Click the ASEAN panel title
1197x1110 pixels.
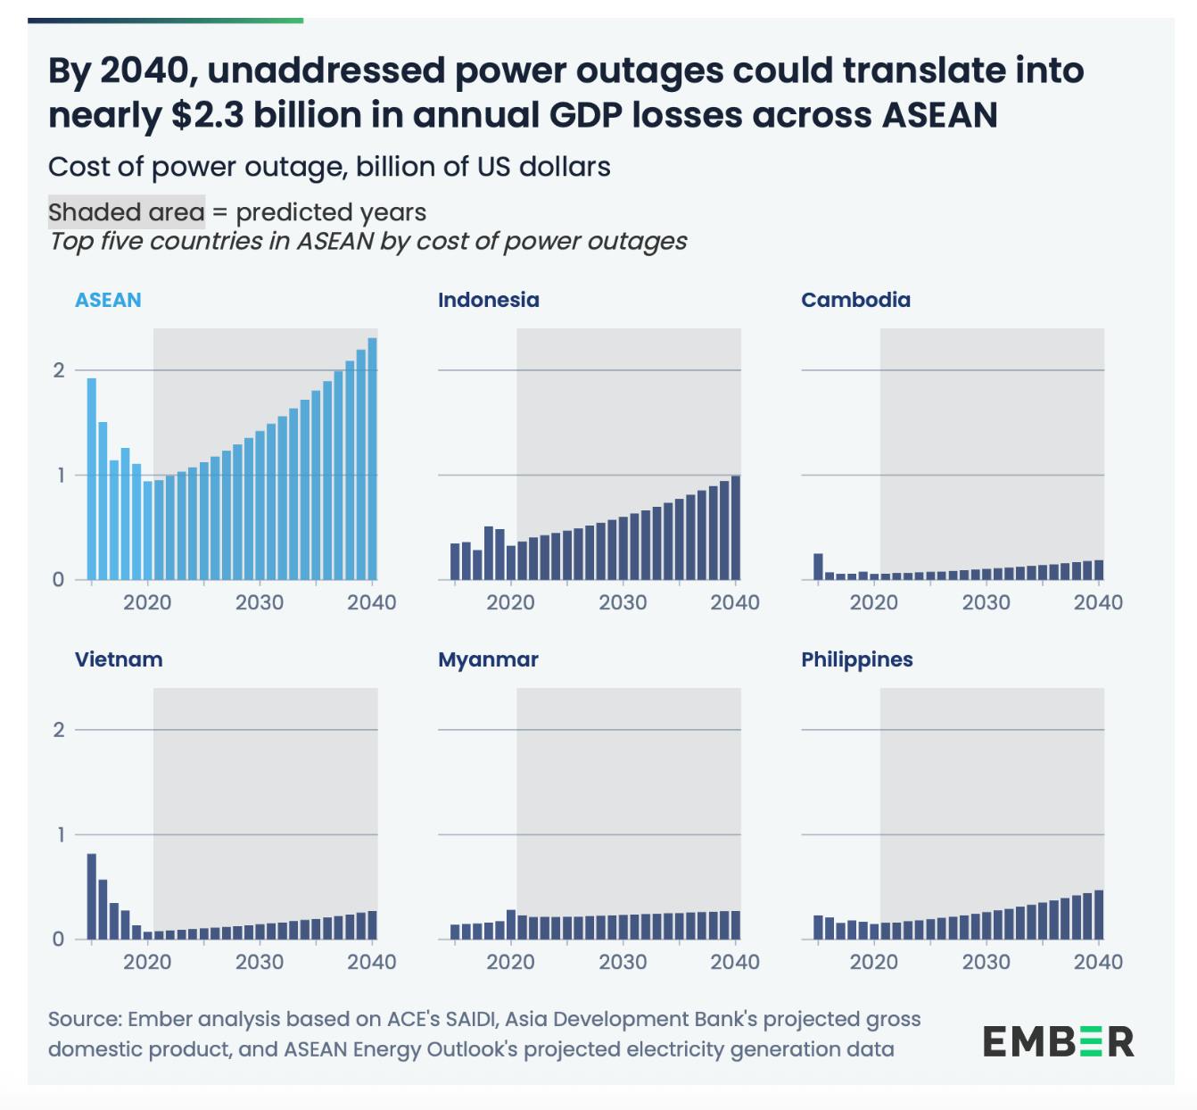[108, 300]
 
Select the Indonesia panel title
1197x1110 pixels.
[488, 300]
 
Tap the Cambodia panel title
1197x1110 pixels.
[855, 300]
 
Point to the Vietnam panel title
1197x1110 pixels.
[119, 659]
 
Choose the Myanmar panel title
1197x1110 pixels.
[488, 659]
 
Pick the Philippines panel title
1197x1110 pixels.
[856, 659]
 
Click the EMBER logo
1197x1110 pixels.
[1058, 1041]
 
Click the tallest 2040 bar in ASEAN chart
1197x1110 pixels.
[372, 459]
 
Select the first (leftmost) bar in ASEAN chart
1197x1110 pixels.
[92, 479]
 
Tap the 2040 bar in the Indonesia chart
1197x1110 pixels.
[736, 527]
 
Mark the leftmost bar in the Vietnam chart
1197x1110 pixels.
[92, 896]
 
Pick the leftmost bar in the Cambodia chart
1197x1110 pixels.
[818, 567]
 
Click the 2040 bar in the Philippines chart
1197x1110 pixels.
[1099, 915]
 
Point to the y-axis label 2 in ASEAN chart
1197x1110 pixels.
[59, 370]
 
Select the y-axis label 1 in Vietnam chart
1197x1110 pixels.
[59, 835]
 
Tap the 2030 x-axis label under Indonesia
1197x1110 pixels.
[623, 603]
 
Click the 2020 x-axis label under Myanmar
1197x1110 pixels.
[510, 963]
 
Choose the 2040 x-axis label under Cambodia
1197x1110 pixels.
[1098, 603]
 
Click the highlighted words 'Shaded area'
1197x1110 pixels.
[126, 212]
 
